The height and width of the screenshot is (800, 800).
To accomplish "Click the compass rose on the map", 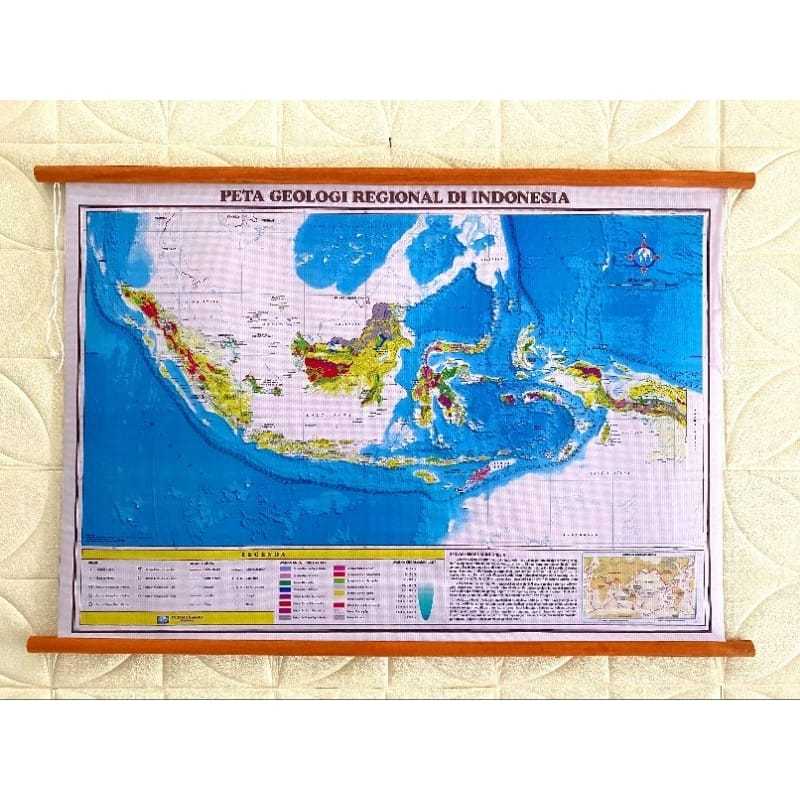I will [x=643, y=254].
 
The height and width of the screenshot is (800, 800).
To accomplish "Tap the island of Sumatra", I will [x=185, y=345].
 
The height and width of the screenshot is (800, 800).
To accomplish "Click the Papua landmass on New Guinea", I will [x=640, y=395].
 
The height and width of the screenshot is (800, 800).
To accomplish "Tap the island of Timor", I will [x=490, y=469].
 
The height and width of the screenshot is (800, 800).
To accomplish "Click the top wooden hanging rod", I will [x=395, y=177].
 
